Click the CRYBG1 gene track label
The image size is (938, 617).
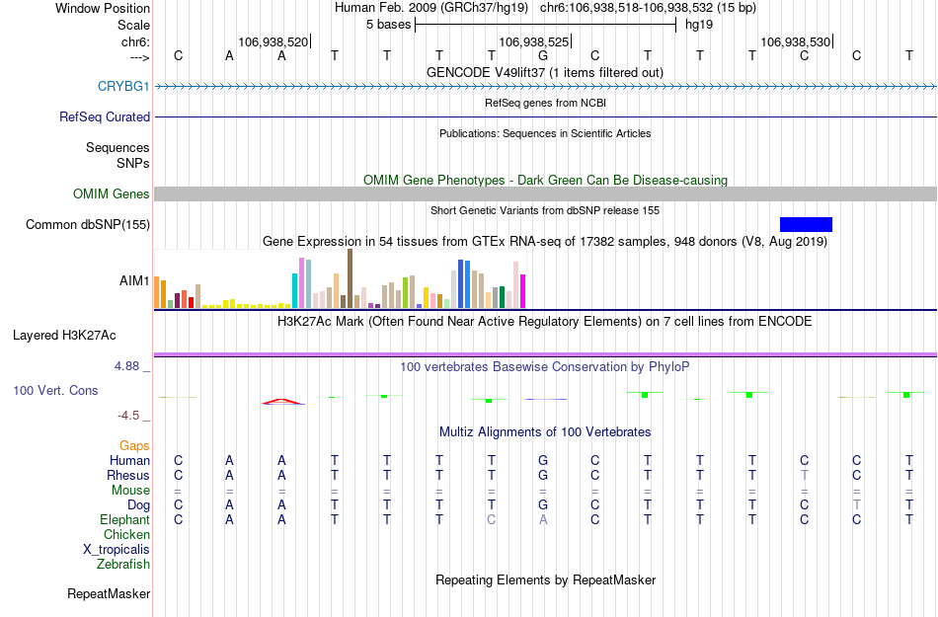[x=123, y=87]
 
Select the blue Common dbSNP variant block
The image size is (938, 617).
[x=806, y=224]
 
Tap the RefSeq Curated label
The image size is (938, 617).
[x=105, y=116]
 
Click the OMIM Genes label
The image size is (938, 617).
[x=111, y=194]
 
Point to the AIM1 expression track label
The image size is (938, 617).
[x=134, y=280]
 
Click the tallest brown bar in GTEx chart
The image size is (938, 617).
[x=350, y=278]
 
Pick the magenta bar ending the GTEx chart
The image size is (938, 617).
[x=523, y=291]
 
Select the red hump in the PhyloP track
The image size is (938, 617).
[x=282, y=401]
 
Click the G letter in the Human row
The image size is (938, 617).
[x=543, y=460]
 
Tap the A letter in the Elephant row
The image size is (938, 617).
[x=543, y=519]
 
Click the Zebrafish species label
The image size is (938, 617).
[x=123, y=565]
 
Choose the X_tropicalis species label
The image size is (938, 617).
[x=117, y=550]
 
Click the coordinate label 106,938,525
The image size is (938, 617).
[x=534, y=42]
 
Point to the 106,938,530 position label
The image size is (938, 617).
[x=795, y=42]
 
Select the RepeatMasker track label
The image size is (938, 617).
[x=109, y=594]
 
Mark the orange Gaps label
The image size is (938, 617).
[x=134, y=446]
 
